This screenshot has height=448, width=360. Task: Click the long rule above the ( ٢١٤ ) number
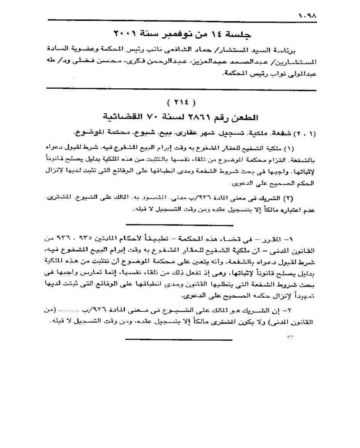coord(181,90)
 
